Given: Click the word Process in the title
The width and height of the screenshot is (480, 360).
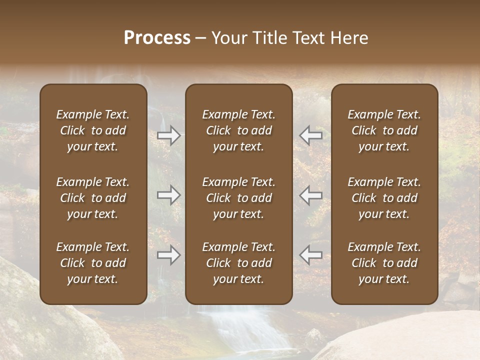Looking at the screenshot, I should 157,38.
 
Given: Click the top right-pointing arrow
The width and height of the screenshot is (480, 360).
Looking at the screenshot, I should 169,135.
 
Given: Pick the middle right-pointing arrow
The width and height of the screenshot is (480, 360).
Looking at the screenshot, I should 169,195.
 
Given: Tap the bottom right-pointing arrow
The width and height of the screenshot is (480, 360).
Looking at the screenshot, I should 169,255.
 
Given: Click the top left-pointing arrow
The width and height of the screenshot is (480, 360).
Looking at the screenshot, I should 310,135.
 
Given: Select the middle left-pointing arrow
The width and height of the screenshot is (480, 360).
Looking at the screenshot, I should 310,195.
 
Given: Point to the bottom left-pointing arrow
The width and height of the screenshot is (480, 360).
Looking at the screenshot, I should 310,255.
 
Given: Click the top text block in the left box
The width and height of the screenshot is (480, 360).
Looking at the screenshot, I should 93,130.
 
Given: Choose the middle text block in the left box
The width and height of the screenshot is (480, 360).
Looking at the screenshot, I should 93,198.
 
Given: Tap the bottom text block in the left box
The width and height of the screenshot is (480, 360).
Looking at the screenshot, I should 93,263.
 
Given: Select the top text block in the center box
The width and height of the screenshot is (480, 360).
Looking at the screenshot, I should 238,130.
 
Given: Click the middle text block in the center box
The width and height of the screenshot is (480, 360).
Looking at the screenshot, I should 238,198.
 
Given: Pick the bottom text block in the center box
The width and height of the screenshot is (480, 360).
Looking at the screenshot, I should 238,263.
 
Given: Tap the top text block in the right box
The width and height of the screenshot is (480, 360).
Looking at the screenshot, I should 384,130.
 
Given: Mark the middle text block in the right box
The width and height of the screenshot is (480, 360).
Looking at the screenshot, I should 384,198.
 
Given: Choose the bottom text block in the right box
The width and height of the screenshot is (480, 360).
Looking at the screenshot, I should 384,263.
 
